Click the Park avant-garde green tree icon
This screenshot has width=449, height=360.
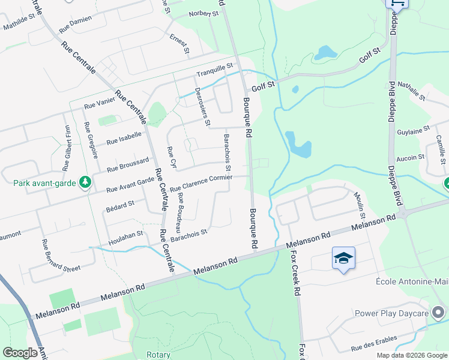coord(85,181)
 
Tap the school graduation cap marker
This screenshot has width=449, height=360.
coord(343,259)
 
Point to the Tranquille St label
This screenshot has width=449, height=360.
coord(214,71)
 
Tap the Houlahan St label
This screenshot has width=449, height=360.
coord(125,238)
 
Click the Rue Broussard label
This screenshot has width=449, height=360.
coord(127,166)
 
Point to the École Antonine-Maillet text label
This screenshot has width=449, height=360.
coord(412,282)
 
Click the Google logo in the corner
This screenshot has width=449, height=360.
coord(20,353)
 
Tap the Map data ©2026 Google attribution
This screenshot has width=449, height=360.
coord(412,355)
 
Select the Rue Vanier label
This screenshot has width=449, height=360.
coord(99,104)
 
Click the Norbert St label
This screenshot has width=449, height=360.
coord(203,14)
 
